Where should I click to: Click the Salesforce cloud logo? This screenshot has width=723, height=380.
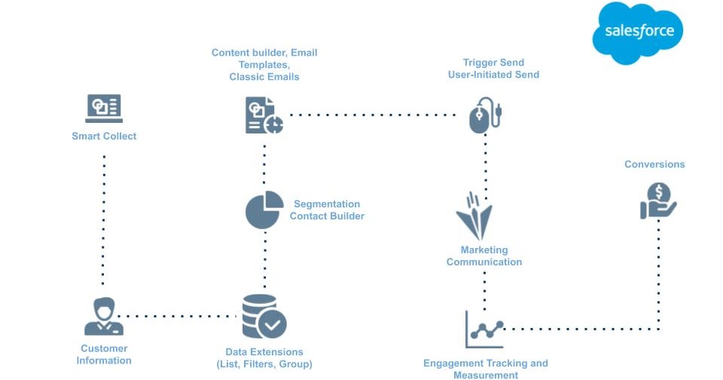click(x=638, y=32)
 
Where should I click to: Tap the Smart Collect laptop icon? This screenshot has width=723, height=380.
click(x=104, y=109)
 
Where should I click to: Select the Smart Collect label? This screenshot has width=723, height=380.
click(x=104, y=136)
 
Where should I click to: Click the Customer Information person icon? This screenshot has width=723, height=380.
click(x=104, y=317)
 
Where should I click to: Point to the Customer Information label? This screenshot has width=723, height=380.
click(x=104, y=354)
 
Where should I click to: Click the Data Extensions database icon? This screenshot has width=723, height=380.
click(x=264, y=316)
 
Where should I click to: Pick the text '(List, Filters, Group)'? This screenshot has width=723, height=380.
click(x=264, y=364)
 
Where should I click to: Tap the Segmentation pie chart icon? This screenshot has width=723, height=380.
click(x=264, y=210)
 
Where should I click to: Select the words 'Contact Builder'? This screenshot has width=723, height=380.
click(x=327, y=216)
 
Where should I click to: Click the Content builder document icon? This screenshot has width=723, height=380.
click(x=264, y=115)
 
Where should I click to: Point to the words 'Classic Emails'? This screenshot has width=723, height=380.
click(x=264, y=77)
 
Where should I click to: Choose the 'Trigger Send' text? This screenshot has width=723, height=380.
click(x=493, y=63)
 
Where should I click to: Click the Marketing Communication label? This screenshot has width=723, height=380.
click(x=484, y=256)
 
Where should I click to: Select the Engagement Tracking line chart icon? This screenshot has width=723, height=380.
click(x=484, y=329)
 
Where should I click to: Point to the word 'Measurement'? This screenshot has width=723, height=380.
click(x=486, y=375)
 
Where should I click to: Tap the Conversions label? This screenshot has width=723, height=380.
click(x=654, y=164)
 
